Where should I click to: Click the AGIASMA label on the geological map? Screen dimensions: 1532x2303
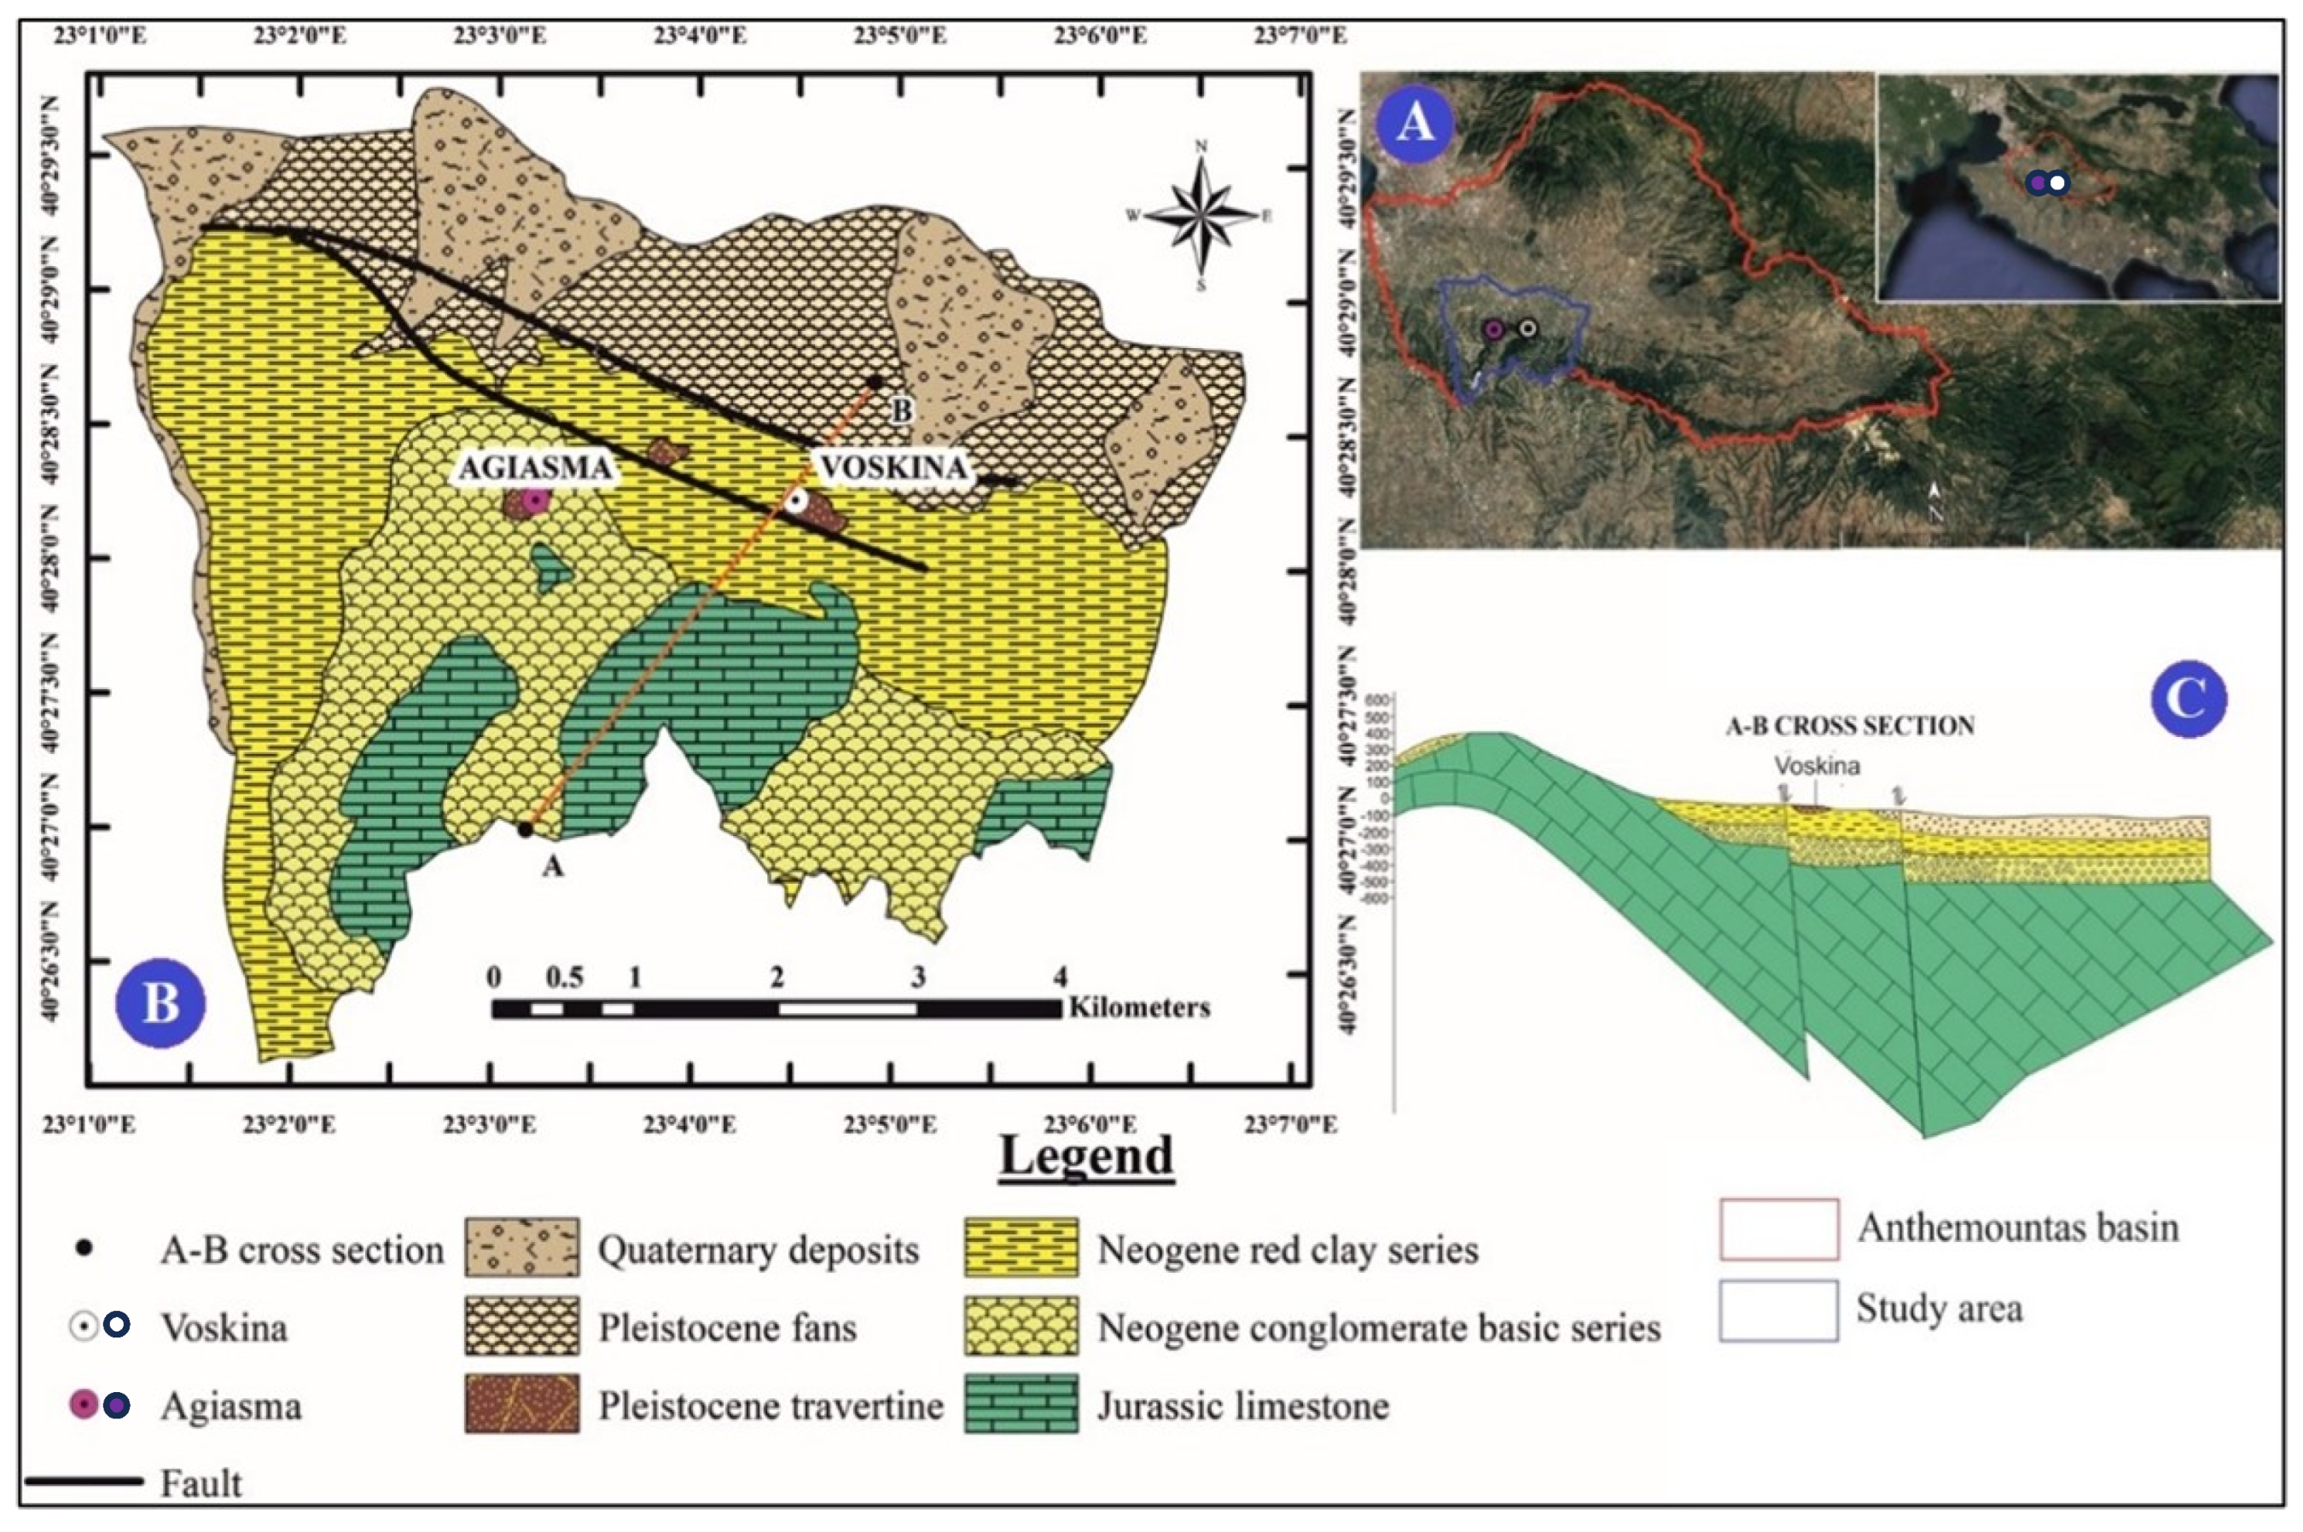coord(536,467)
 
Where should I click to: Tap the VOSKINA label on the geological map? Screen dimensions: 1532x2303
coord(893,467)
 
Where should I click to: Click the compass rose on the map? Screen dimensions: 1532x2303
coord(1201,215)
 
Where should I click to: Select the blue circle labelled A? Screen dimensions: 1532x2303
coord(1415,123)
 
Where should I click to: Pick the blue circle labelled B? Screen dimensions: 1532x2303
coord(160,1002)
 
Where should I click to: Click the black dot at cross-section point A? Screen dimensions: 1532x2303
coord(526,829)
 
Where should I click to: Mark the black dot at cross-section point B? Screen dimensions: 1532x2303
coord(875,382)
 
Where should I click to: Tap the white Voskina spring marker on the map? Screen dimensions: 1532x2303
coord(797,502)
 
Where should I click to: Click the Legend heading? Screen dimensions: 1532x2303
coord(1085,1157)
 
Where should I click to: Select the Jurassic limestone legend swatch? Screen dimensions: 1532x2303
coord(1021,1404)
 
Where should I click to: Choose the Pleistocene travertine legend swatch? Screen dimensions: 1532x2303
coord(521,1404)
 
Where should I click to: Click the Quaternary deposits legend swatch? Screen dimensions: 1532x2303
coord(521,1248)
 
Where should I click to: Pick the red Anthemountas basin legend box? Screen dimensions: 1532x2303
coord(1778,1229)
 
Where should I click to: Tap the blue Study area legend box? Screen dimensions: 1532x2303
coord(1778,1309)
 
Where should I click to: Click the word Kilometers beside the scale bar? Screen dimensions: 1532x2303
coord(1139,1007)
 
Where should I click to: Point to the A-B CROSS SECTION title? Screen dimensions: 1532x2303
coord(1850,726)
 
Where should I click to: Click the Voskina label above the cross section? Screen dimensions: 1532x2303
coord(1817,765)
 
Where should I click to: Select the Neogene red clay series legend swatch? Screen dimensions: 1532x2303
coord(1021,1248)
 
